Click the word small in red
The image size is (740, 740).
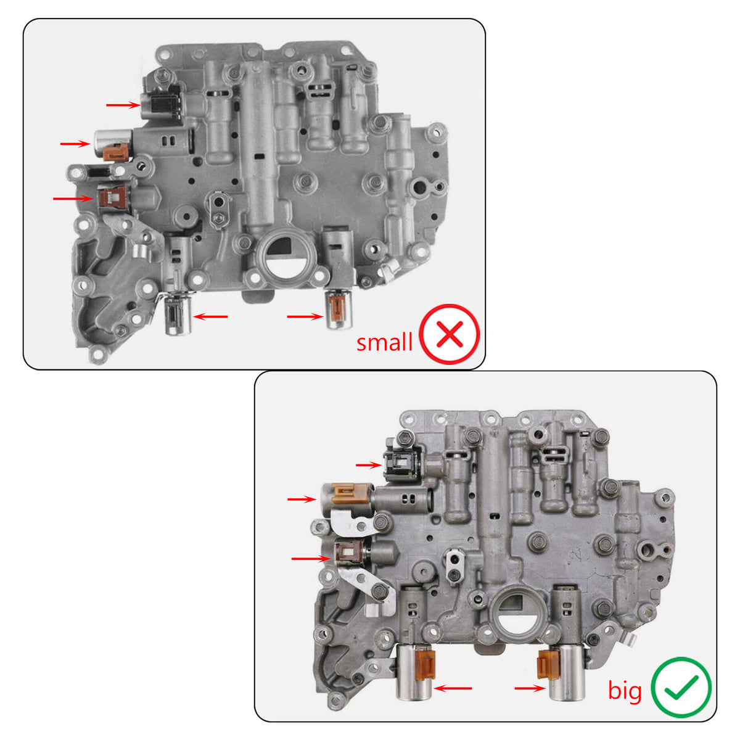click(384, 342)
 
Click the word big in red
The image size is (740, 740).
click(625, 691)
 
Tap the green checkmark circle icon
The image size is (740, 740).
click(681, 687)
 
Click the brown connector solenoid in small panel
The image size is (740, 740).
click(112, 199)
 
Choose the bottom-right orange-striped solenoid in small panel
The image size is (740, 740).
click(338, 310)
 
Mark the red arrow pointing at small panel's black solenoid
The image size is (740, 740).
click(123, 105)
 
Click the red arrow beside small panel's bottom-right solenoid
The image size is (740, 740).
click(305, 316)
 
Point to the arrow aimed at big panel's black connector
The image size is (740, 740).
click(369, 464)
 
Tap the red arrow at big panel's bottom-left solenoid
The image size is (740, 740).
click(453, 688)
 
